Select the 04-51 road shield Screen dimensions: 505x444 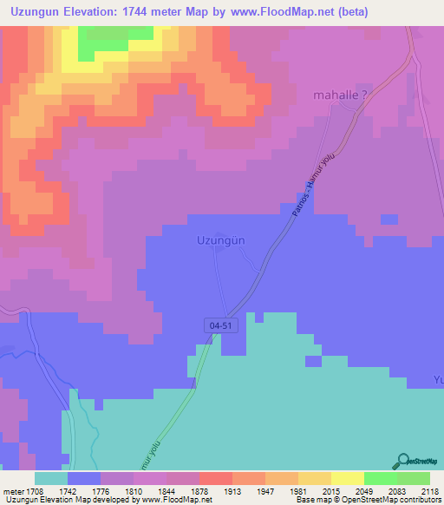pos(221,325)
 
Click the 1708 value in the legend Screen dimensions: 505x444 pos(35,491)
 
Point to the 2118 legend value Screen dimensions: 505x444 pos(430,491)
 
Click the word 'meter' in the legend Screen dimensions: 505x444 pos(12,491)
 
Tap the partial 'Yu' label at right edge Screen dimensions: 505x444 pos(437,379)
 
